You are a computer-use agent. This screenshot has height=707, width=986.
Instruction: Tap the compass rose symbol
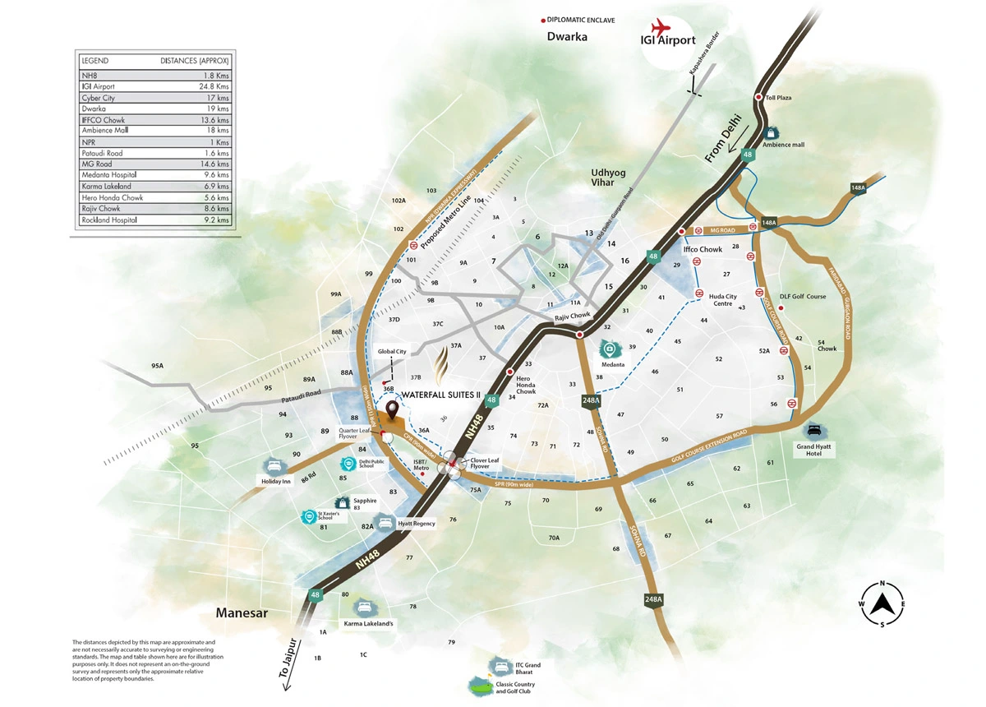tap(882, 604)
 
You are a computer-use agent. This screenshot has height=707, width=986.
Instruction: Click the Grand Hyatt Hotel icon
tap(813, 430)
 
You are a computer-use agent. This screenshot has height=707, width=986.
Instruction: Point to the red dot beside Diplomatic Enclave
tap(541, 20)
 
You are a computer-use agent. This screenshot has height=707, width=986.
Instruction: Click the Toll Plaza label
tap(777, 98)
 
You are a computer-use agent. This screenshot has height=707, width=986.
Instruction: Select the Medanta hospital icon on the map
tap(607, 349)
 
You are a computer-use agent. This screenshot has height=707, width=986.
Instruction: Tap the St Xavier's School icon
tap(309, 517)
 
